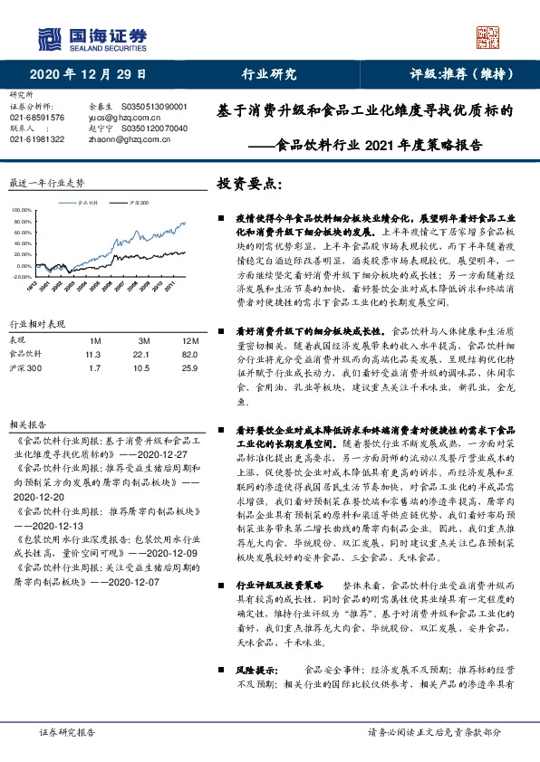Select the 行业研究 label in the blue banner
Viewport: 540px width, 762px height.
(269, 74)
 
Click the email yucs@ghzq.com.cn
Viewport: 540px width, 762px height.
(122, 118)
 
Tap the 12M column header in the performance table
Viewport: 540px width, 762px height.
(189, 339)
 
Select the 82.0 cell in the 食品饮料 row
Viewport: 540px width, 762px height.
(189, 354)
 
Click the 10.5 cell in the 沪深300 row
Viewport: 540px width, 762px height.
(140, 368)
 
